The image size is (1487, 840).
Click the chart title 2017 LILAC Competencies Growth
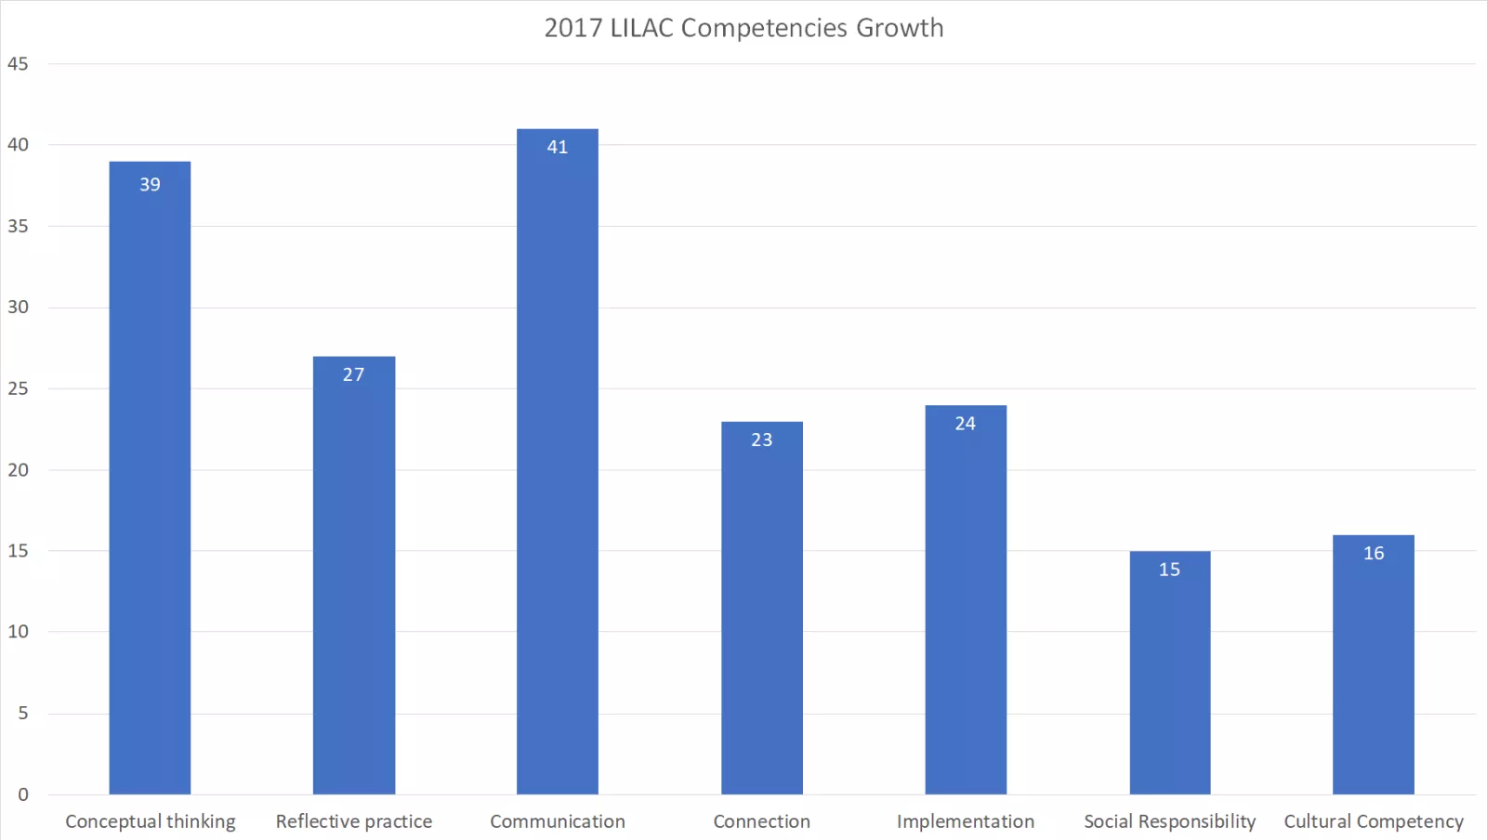(x=743, y=28)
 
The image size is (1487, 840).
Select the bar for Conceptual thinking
(x=150, y=483)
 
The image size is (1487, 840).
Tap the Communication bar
(x=558, y=465)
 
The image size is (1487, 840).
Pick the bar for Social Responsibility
(x=1169, y=678)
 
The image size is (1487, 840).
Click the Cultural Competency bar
(x=1374, y=669)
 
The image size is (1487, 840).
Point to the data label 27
(x=353, y=374)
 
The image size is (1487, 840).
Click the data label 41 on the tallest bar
(x=558, y=147)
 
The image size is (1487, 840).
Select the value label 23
(x=761, y=440)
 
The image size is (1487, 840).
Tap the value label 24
(x=966, y=424)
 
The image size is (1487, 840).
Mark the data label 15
(x=1169, y=570)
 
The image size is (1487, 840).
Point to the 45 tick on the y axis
(x=18, y=64)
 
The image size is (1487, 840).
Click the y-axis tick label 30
(x=18, y=308)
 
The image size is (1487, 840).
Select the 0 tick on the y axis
(x=23, y=794)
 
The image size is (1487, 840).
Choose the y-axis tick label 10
(x=18, y=632)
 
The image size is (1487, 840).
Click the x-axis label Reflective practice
(x=353, y=821)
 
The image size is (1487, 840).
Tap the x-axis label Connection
(x=761, y=821)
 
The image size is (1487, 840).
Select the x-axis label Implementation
(x=966, y=821)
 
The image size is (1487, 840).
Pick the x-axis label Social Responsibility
(x=1169, y=821)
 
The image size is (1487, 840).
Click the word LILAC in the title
(x=641, y=28)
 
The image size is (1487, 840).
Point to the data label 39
(x=150, y=185)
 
